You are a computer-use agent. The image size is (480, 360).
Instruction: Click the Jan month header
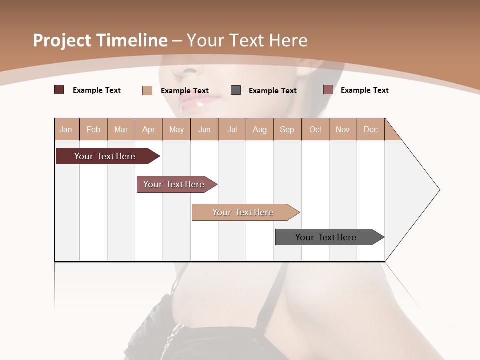click(x=66, y=129)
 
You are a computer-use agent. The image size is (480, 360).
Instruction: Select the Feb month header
click(x=93, y=129)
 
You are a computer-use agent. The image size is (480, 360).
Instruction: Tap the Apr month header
click(x=148, y=129)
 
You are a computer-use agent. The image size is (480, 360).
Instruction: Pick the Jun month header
click(x=204, y=129)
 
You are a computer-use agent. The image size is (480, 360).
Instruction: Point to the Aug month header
click(x=259, y=129)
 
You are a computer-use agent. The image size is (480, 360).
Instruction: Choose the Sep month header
click(x=287, y=129)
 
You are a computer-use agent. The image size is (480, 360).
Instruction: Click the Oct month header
click(x=315, y=129)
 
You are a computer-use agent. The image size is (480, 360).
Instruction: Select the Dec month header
click(x=370, y=129)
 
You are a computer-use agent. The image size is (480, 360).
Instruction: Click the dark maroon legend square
click(x=59, y=90)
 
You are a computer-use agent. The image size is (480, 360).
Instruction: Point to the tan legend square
click(x=147, y=90)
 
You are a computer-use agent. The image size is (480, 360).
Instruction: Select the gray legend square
click(x=236, y=90)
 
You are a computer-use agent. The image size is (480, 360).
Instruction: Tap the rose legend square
click(x=328, y=90)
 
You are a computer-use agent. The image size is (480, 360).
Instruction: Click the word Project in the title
click(x=63, y=40)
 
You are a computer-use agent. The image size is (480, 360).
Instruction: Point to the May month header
click(x=176, y=129)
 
